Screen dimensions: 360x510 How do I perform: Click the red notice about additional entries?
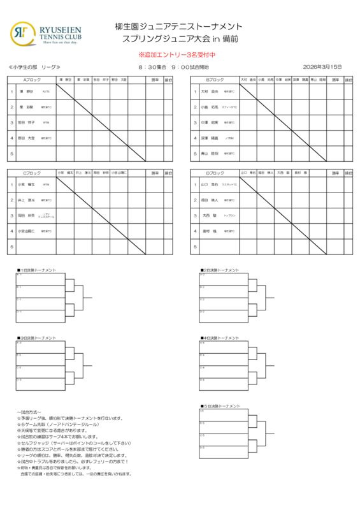tap(180, 55)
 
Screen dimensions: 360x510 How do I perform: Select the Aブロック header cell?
tap(32, 80)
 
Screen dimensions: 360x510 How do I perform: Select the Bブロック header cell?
tap(215, 80)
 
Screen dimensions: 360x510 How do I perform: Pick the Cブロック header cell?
tap(32, 173)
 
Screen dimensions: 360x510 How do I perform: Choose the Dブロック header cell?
tap(215, 173)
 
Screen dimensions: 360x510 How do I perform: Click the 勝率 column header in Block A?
tap(156, 80)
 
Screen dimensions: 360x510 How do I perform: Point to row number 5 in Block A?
tap(11, 154)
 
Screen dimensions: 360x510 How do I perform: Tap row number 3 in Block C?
tap(11, 215)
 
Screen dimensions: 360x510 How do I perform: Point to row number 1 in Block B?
tap(195, 91)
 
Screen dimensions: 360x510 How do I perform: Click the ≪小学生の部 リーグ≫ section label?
tap(35, 67)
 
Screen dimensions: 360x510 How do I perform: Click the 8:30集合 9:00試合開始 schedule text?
tap(173, 67)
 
